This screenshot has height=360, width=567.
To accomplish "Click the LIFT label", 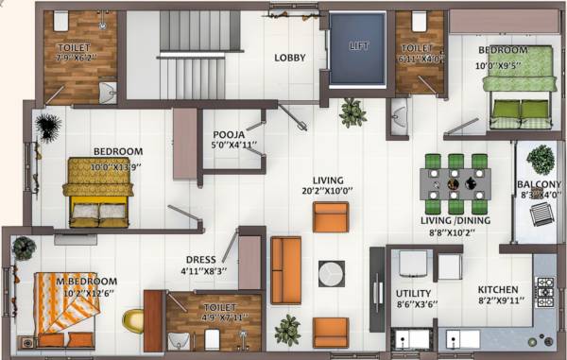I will (x=357, y=45).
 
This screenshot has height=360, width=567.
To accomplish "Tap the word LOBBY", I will (x=290, y=58).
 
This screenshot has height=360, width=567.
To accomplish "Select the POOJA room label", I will (x=230, y=135).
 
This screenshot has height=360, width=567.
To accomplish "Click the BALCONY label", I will (x=540, y=184).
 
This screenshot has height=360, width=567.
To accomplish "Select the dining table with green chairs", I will (x=455, y=182).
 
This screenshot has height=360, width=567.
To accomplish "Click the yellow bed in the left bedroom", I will (x=96, y=193).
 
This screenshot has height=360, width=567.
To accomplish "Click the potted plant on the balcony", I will (x=541, y=158).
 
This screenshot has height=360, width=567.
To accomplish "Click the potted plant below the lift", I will (x=353, y=113).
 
